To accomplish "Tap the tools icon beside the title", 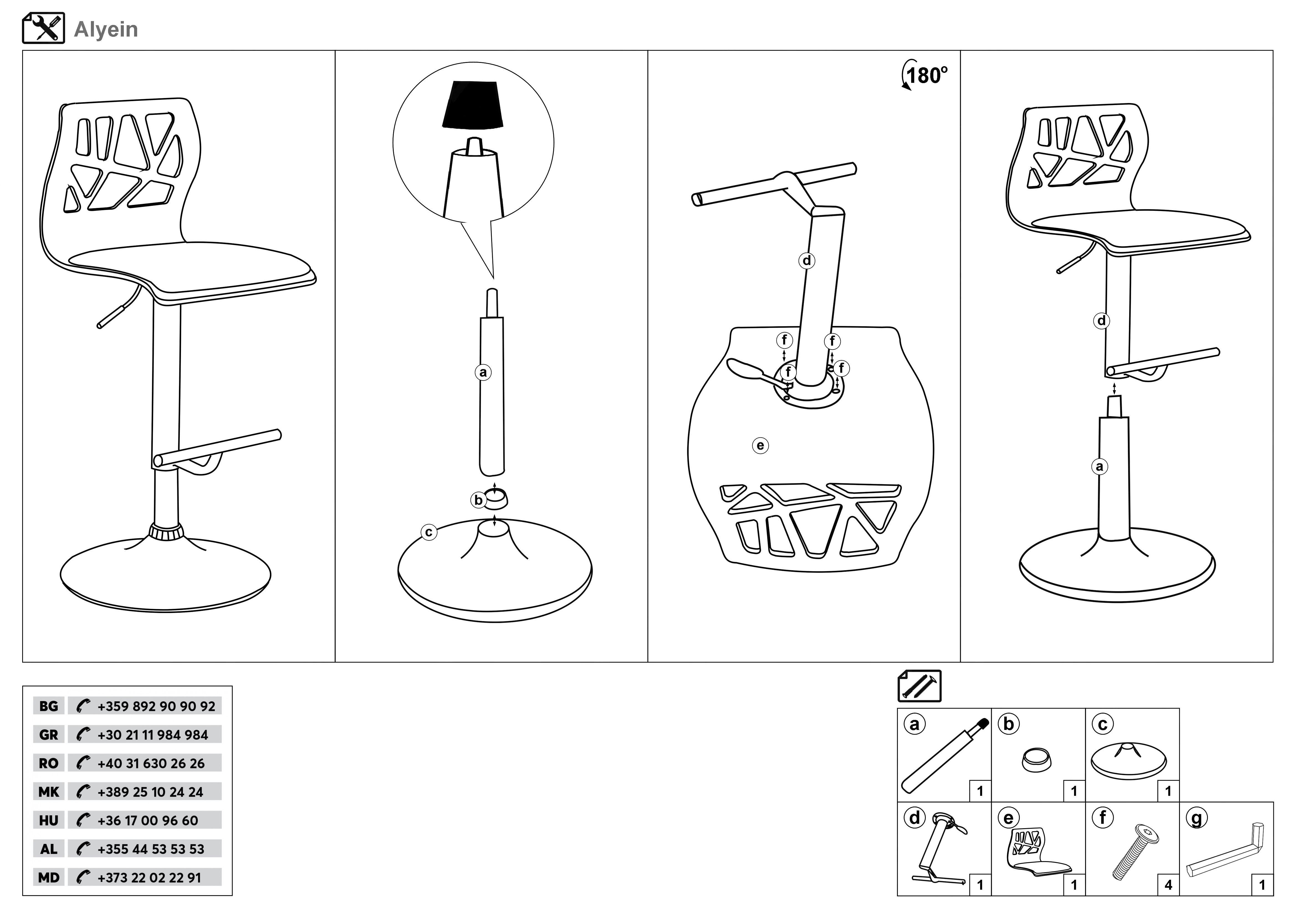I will click(44, 28).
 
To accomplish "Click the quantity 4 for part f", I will click(1169, 885).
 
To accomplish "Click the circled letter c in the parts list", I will click(1102, 724).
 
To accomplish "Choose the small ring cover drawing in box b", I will click(1036, 759).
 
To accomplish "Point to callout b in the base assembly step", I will click(478, 500).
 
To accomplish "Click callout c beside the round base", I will click(429, 532).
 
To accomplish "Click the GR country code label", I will click(48, 735).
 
